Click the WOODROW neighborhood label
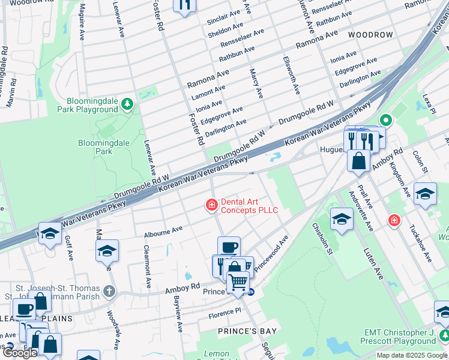click(370, 35)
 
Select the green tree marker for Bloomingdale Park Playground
click(127, 105)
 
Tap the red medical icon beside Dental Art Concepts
click(211, 206)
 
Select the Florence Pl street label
click(224, 313)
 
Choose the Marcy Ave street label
click(256, 83)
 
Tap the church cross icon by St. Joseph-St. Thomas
click(109, 291)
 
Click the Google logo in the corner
click(20, 353)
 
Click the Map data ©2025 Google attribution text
click(412, 355)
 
